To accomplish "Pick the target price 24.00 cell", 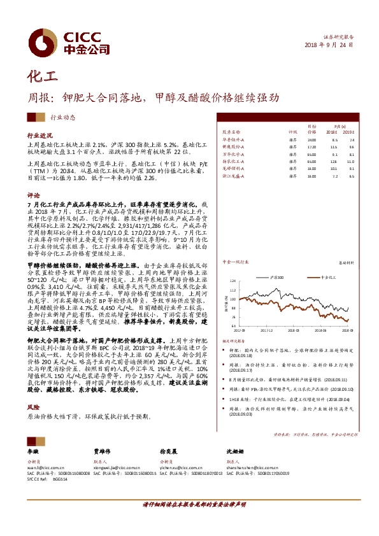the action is click(311, 139).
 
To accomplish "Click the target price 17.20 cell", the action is click(311, 146).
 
